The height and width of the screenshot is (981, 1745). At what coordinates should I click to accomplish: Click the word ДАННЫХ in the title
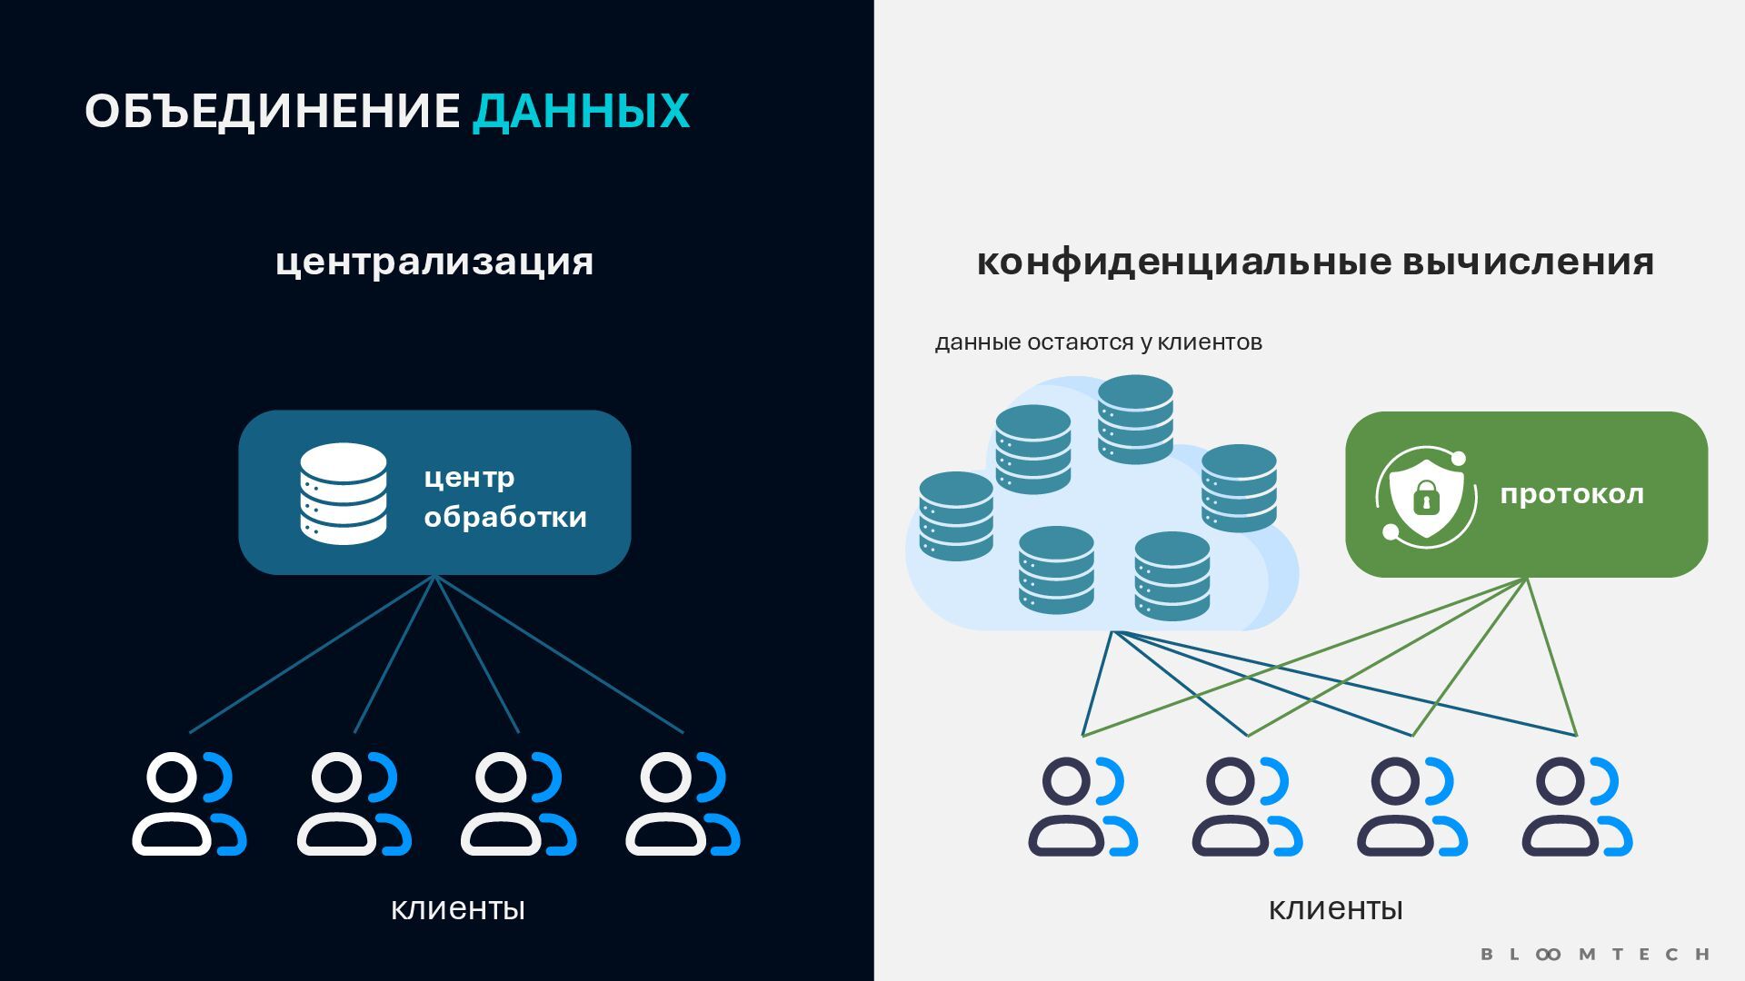point(581,112)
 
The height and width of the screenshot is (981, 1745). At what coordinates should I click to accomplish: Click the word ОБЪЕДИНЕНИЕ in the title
point(273,112)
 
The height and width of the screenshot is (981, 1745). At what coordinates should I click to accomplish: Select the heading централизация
point(434,262)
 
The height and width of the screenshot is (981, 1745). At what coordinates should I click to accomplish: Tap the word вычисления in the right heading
point(1528,262)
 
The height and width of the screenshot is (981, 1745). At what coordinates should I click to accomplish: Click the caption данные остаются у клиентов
point(1098,342)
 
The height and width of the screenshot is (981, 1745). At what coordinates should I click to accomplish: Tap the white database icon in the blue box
point(344,493)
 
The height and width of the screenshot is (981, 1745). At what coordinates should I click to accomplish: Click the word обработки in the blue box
point(505,517)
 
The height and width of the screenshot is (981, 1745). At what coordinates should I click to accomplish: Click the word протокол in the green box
point(1571,494)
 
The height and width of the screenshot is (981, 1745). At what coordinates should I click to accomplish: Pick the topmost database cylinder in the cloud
point(1135,419)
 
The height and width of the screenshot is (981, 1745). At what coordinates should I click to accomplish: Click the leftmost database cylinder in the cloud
point(956,515)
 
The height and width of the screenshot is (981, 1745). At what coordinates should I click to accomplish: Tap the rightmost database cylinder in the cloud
point(1239,488)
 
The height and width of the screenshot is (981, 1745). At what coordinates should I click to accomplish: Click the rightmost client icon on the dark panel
point(683,804)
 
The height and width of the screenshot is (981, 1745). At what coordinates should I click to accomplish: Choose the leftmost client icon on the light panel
point(1082,807)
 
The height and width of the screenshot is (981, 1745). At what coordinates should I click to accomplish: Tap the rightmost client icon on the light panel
point(1577,807)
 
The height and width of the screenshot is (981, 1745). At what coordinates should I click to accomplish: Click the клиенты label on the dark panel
point(458,908)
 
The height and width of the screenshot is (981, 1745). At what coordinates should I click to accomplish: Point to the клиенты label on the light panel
point(1335,908)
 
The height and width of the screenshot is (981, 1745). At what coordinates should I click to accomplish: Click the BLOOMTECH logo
point(1595,954)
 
